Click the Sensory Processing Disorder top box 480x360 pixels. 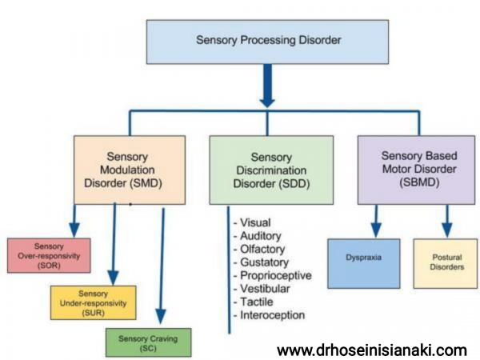(x=268, y=39)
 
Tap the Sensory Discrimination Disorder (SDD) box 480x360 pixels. (x=270, y=168)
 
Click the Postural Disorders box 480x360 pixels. (x=438, y=263)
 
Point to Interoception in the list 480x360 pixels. (x=272, y=315)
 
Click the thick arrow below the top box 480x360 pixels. (x=268, y=88)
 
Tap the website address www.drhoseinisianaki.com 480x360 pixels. (x=371, y=350)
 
